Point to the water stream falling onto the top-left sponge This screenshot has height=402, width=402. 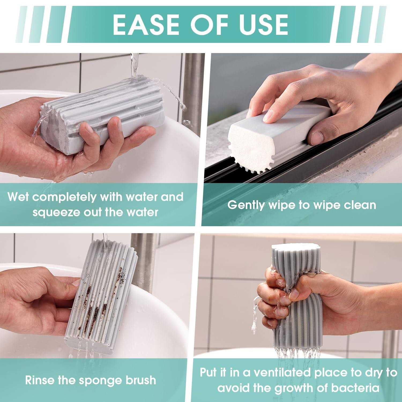tap(134, 67)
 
